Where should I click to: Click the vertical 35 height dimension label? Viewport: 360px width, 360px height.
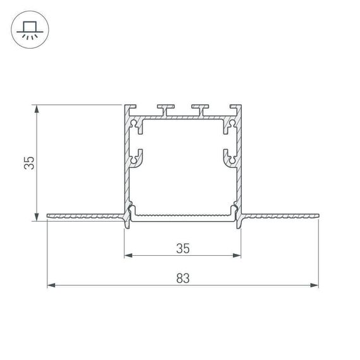pyautogui.click(x=28, y=163)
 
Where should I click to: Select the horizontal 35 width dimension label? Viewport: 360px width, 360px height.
pyautogui.click(x=183, y=248)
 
